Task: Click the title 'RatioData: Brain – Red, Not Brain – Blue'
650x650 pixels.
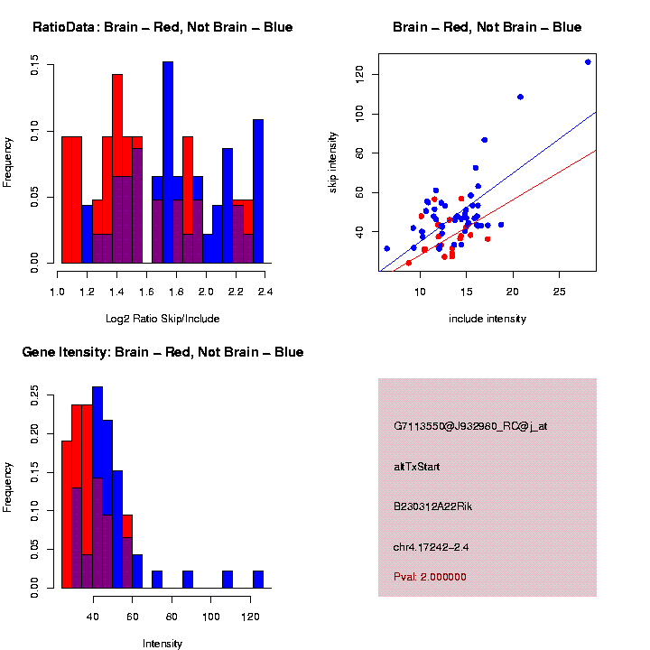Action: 162,27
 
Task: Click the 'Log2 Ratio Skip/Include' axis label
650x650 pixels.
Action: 162,319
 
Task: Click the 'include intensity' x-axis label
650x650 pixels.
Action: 487,319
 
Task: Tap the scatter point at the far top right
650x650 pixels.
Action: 588,61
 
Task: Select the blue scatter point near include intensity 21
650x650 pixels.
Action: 520,97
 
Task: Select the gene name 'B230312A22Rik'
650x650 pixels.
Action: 433,506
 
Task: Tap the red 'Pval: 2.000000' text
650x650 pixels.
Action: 430,577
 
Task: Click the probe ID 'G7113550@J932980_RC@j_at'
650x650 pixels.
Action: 469,426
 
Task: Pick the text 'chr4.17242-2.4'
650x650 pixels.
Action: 431,547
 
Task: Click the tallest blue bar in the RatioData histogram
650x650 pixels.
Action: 168,162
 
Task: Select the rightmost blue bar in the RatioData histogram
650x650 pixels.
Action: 258,190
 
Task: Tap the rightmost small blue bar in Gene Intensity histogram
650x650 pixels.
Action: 258,579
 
